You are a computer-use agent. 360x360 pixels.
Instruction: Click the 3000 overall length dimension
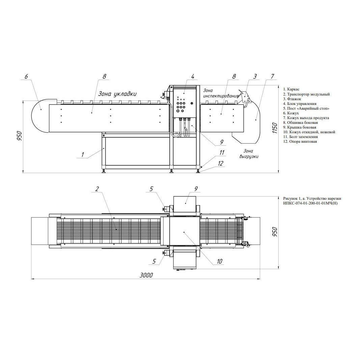(146, 275)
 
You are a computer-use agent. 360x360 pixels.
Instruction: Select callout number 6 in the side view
(26, 76)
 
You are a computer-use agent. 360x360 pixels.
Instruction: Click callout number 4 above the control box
(193, 77)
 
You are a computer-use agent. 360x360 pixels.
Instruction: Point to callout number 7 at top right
(272, 76)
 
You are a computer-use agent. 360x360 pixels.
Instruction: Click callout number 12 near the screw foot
(220, 163)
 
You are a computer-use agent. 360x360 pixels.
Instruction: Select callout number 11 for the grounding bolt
(222, 153)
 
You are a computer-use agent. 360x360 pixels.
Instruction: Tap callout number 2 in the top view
(97, 189)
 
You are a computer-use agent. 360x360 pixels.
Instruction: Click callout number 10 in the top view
(220, 261)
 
